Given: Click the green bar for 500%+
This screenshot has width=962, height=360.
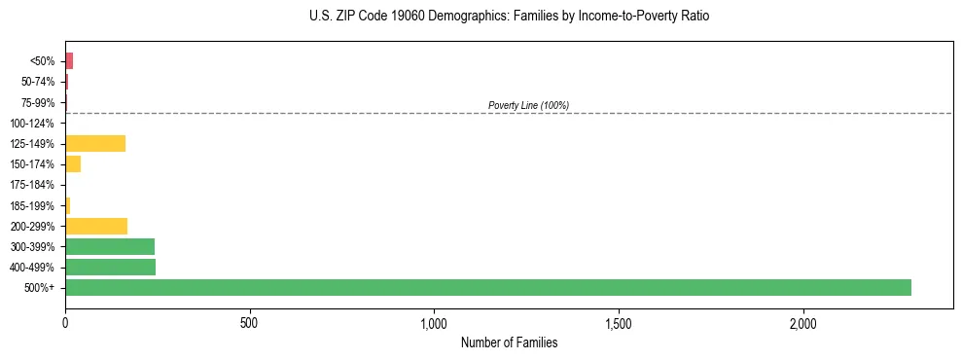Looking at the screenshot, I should coord(487,287).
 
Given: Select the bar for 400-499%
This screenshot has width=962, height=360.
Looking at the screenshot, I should coord(110,267).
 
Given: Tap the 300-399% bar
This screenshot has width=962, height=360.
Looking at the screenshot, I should coord(110,246).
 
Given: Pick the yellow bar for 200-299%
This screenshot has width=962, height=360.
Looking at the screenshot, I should coord(96,226).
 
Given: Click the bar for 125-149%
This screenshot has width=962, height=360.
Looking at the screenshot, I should coord(95,144).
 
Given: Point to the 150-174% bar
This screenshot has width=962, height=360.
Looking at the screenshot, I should coord(73,164).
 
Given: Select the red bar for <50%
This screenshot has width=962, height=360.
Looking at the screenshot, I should coord(69,61).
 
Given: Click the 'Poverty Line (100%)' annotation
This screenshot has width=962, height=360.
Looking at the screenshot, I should coord(528,105).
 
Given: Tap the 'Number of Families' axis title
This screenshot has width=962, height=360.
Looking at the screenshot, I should coord(509,342).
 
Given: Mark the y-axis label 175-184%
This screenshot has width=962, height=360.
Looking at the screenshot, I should coord(32,185).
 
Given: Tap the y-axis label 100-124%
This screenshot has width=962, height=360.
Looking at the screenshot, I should coord(32,124).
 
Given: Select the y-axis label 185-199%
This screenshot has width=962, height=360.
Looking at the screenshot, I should coord(32,205).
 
